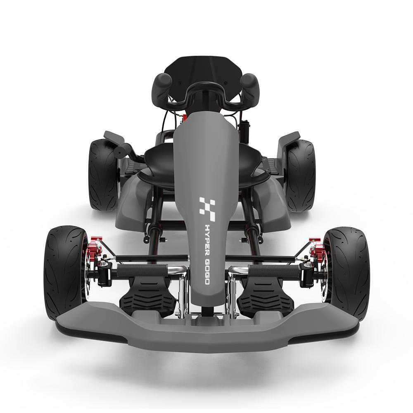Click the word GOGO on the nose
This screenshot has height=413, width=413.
(x=207, y=272)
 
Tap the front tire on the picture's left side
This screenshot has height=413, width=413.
(x=66, y=273)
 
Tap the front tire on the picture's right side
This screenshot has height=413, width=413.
(x=347, y=274)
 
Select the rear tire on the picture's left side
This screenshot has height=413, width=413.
(x=103, y=175)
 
